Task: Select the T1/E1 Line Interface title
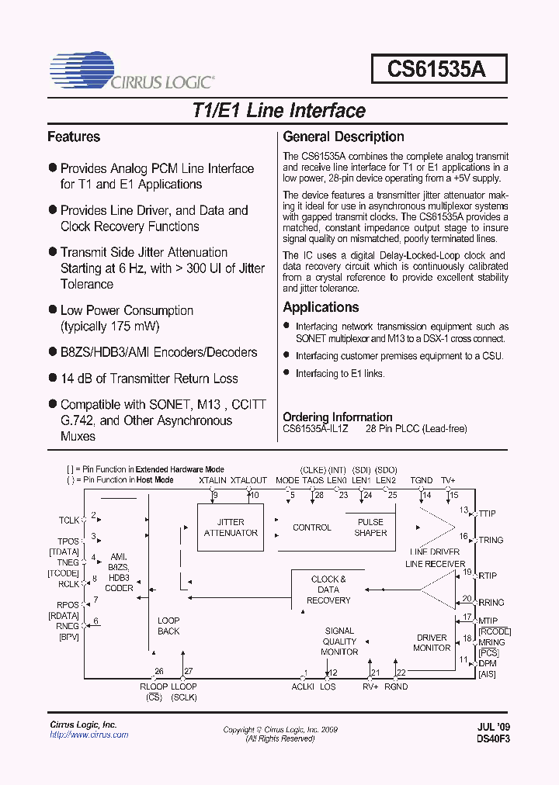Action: click(278, 110)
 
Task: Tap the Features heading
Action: click(74, 137)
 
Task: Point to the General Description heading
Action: click(343, 137)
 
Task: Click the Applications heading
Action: click(321, 307)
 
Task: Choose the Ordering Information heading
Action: click(337, 417)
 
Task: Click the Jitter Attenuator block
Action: click(231, 527)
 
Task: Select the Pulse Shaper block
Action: click(370, 527)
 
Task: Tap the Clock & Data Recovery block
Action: click(328, 590)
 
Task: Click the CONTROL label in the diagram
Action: click(312, 527)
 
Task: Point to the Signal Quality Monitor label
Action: click(339, 641)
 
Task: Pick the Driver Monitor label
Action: click(432, 642)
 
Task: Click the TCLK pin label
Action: click(69, 520)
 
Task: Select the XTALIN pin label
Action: click(213, 481)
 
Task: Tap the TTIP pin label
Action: click(488, 514)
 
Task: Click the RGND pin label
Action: click(396, 686)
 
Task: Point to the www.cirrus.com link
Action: click(89, 735)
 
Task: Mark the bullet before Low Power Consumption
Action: click(53, 310)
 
